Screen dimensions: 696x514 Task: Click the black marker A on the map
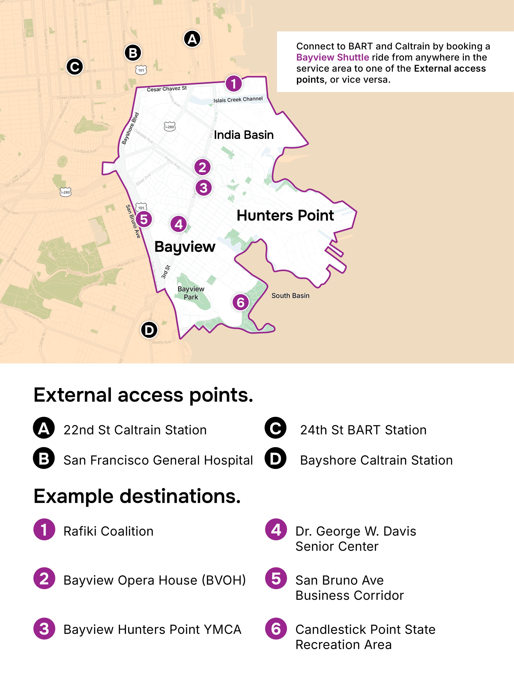point(192,39)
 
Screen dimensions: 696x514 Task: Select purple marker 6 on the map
point(241,302)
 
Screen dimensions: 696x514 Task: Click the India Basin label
point(244,135)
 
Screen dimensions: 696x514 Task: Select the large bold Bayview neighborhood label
point(185,247)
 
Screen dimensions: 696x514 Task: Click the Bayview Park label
point(191,293)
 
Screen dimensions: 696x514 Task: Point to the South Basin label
point(290,295)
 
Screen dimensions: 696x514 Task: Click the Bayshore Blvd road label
point(130,128)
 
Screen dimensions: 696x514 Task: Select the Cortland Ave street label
point(85,151)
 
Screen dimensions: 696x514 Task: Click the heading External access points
point(143,395)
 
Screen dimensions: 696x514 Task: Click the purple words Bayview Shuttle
point(332,57)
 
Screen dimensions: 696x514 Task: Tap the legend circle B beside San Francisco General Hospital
point(44,458)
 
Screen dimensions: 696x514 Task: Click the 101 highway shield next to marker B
point(141,70)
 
